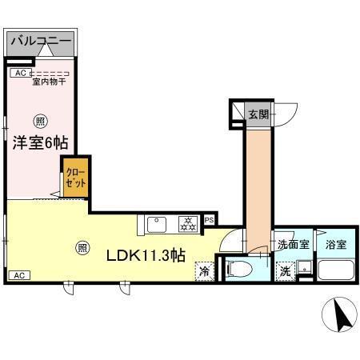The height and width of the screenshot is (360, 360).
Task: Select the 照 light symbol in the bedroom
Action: (x=38, y=122)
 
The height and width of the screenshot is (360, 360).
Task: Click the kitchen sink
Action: (x=157, y=222)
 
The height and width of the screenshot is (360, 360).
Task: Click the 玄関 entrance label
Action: (x=258, y=114)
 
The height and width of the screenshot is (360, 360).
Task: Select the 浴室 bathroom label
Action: (x=336, y=246)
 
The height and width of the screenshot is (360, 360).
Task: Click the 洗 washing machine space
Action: (x=286, y=272)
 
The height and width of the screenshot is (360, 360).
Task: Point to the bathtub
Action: (x=337, y=270)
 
